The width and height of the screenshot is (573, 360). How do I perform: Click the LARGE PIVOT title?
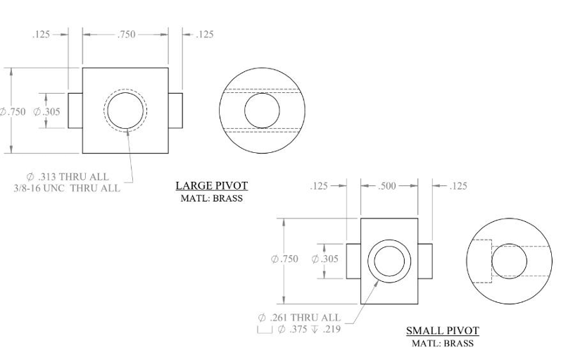click(211, 186)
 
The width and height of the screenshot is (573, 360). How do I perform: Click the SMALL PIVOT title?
click(442, 331)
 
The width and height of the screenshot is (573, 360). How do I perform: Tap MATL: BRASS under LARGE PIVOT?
click(211, 198)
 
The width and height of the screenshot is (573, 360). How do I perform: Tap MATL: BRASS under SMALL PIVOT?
click(442, 343)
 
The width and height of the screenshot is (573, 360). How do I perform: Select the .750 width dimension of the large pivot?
click(126, 34)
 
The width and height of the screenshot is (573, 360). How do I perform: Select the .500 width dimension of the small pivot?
click(387, 186)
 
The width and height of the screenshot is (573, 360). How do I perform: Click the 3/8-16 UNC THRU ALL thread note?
click(68, 188)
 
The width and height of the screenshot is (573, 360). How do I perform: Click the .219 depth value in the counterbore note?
click(330, 329)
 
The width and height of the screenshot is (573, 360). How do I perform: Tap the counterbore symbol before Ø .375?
click(265, 330)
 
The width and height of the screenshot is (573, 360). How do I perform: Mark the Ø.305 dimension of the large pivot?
click(47, 111)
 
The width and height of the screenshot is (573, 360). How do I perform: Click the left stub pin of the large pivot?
click(75, 111)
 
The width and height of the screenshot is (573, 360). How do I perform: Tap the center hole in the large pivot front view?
click(126, 111)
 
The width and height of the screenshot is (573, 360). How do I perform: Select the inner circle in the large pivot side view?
click(262, 111)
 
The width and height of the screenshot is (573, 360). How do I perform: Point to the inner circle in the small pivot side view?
click(509, 261)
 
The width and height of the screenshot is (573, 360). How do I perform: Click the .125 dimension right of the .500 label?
click(458, 186)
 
